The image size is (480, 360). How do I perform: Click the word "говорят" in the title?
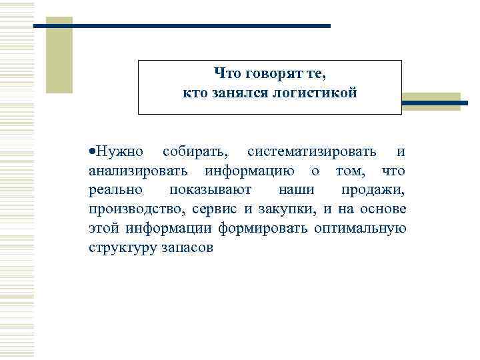click(x=270, y=74)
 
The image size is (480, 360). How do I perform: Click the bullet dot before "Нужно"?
click(x=91, y=153)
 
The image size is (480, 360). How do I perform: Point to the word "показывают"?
click(x=210, y=191)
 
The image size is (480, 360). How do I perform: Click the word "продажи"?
click(x=373, y=191)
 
